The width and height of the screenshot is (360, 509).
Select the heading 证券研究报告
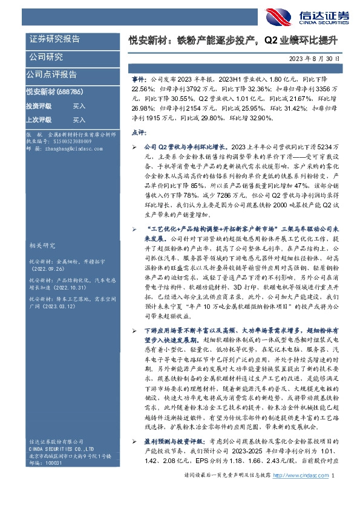pyautogui.click(x=54, y=39)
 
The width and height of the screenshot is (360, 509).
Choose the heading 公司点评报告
pyautogui.click(x=51, y=75)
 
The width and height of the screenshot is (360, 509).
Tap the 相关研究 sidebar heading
pyautogui.click(x=42, y=229)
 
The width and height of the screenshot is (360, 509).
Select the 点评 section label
pyautogui.click(x=137, y=131)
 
